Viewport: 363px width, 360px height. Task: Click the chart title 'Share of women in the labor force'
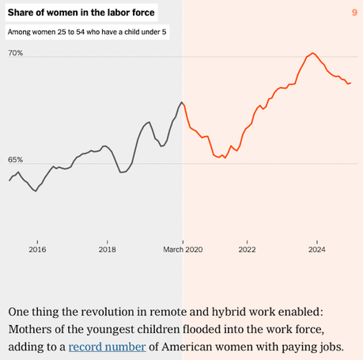point(81,13)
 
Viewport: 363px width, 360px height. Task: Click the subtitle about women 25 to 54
point(86,32)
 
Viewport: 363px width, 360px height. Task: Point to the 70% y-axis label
point(16,53)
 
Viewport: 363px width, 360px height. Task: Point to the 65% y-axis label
point(16,160)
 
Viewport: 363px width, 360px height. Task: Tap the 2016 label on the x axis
point(37,249)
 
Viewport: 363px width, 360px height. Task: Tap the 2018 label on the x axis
point(109,249)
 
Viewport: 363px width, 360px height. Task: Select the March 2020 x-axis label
point(183,249)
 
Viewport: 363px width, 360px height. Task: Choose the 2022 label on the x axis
point(248,249)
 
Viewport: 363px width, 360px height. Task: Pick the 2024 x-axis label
point(317,249)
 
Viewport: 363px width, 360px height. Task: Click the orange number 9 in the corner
point(354,13)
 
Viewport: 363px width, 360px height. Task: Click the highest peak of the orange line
point(313,53)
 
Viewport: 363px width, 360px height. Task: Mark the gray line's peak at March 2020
point(182,102)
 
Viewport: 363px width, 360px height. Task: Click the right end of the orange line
point(350,82)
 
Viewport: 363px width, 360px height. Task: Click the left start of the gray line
point(9,180)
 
